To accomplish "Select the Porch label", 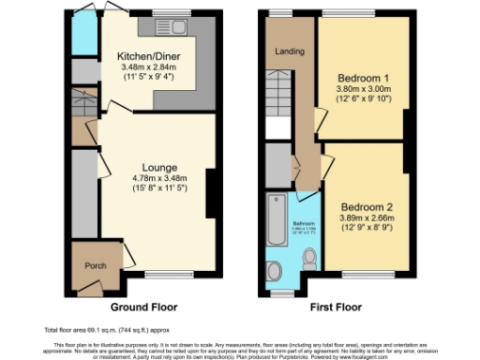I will pos(93,266).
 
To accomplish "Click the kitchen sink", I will pos(172,26).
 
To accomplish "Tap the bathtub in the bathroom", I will pos(277,221).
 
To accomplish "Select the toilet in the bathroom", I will pos(310,256).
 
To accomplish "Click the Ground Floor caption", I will pos(143,307).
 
